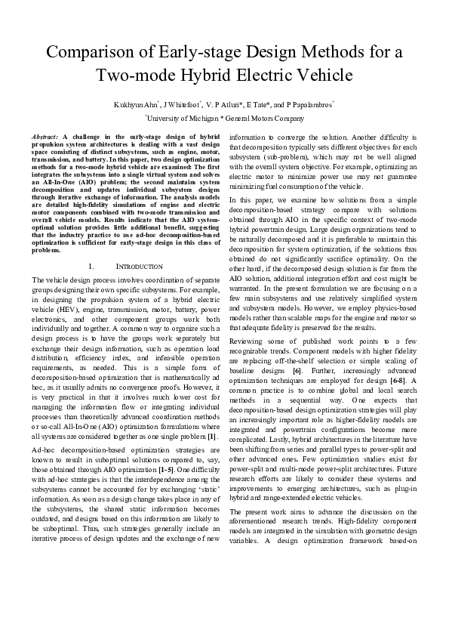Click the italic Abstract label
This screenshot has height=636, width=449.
tap(45, 134)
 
